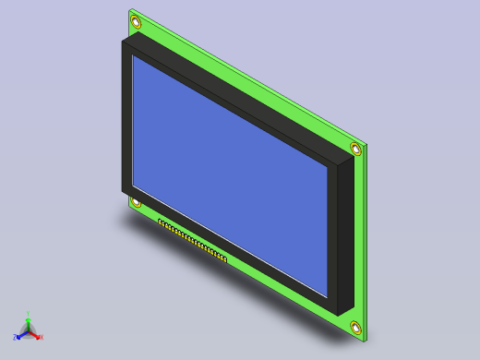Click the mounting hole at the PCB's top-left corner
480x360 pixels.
136,21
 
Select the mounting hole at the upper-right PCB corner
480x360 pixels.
356,149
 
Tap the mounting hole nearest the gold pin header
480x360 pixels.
136,202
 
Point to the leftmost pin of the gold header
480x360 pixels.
160,222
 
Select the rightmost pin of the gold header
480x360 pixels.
224,258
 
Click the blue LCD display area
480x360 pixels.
231,175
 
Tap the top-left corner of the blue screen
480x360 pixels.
134,57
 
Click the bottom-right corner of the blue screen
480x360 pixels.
328,295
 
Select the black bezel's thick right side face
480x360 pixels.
345,235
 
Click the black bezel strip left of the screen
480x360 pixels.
126,120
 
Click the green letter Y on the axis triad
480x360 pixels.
28,313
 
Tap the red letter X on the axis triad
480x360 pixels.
41,337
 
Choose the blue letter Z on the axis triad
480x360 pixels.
16,338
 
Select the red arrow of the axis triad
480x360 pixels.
35,334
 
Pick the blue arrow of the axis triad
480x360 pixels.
21,334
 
